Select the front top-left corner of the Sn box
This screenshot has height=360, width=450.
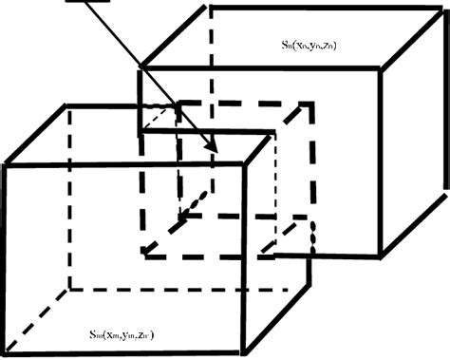tap(141, 68)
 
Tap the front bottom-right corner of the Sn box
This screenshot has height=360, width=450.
tap(382, 255)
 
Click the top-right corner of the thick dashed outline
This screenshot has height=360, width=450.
tap(309, 101)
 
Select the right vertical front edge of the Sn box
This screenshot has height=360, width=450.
tap(382, 161)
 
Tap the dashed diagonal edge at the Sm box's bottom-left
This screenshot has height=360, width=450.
tap(36, 323)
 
